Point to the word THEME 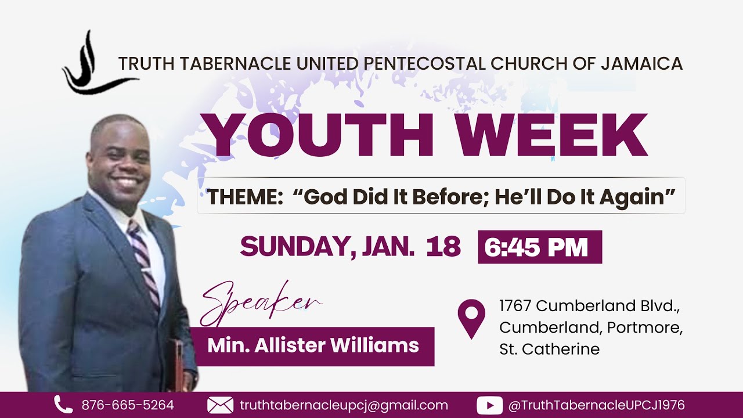(244, 197)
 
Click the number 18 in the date (443, 247)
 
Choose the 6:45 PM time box (539, 247)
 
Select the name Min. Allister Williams (313, 346)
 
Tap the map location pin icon (471, 318)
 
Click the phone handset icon (63, 405)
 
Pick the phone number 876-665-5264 (128, 405)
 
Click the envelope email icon (220, 405)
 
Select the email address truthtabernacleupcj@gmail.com (344, 405)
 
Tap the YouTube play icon (489, 405)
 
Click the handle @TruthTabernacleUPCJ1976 (596, 405)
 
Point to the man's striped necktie (144, 261)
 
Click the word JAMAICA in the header (641, 64)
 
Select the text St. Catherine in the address (549, 349)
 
